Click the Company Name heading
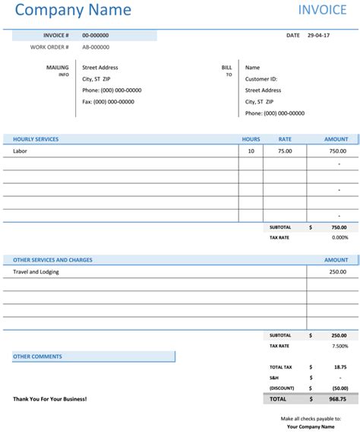point(73,11)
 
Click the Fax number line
point(108,102)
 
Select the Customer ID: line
point(261,79)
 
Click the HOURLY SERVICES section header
point(36,139)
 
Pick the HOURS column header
point(251,139)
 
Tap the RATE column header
point(285,139)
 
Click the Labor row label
point(21,151)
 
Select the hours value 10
point(251,151)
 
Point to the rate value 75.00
point(285,151)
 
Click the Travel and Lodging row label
point(36,271)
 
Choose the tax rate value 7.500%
point(339,346)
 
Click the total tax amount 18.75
point(340,366)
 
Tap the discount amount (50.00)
point(338,388)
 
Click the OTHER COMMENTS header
point(37,356)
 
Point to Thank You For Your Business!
point(50,398)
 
